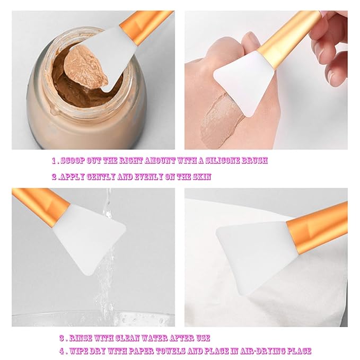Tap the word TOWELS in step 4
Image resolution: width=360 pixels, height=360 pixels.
click(159, 350)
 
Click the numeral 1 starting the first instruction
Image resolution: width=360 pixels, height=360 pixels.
click(54, 160)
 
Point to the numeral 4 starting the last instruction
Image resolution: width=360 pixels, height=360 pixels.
click(62, 350)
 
